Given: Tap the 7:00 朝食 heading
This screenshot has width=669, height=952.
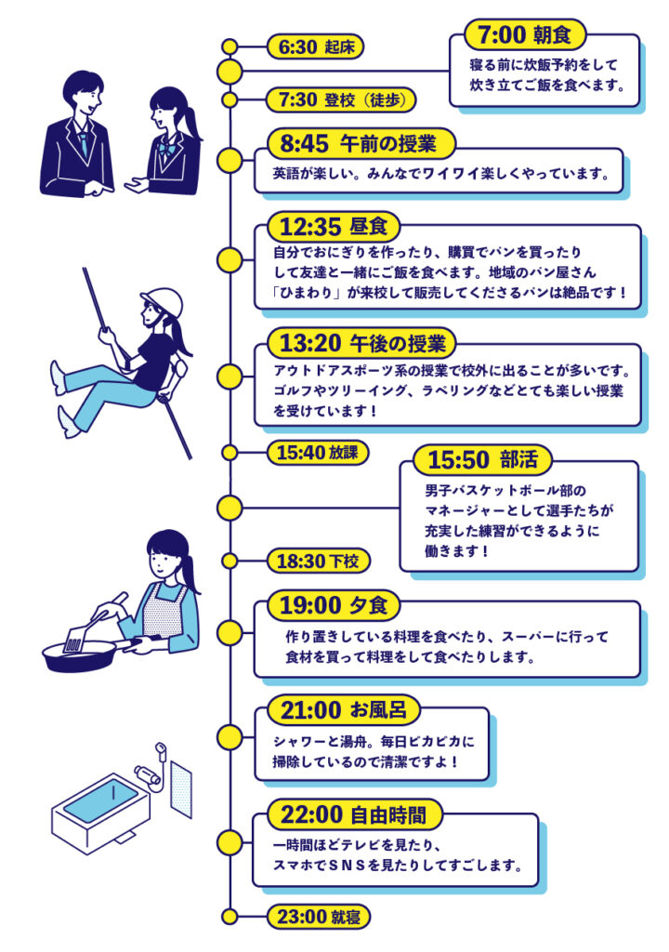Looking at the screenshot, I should (x=531, y=35).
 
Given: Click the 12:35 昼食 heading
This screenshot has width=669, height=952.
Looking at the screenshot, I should (x=334, y=226).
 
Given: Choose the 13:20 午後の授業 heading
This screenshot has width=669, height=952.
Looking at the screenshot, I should (x=361, y=342).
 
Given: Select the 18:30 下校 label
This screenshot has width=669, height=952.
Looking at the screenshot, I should (x=318, y=561).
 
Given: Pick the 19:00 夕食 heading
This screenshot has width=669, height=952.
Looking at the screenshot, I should (x=334, y=605).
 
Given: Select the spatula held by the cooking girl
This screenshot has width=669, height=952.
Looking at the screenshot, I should (x=77, y=639).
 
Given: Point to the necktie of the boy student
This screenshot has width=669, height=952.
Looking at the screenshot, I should (x=85, y=142).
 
